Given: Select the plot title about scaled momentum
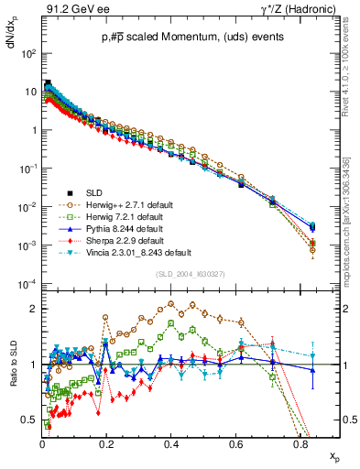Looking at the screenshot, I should (179, 38).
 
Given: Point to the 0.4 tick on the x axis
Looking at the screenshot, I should (170, 442).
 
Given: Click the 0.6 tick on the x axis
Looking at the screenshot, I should (235, 442).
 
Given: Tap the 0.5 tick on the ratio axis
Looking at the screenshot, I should (30, 420).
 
